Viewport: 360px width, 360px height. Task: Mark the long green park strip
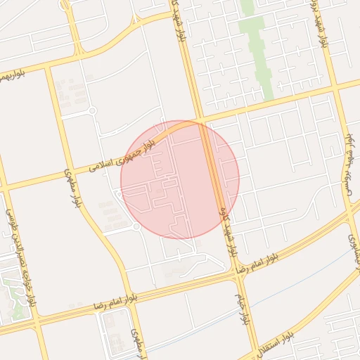point(257,49)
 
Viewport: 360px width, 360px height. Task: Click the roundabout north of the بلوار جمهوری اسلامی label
point(91,110)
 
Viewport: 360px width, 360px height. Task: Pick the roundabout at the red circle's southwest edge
point(136,227)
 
